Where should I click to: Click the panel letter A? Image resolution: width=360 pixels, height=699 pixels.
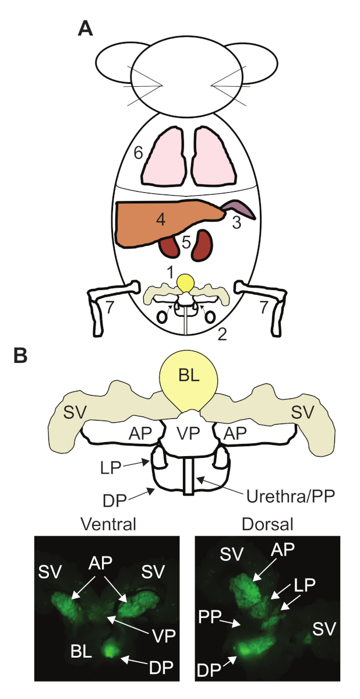click(x=86, y=29)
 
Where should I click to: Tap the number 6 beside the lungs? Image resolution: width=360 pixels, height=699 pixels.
click(x=138, y=153)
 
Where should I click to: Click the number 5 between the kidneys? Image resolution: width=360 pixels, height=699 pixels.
click(x=186, y=242)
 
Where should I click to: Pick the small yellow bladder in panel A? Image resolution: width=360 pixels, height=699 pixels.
click(x=186, y=284)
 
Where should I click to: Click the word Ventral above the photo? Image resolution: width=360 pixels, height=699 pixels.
click(x=110, y=523)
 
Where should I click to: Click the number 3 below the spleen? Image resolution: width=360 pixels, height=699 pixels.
click(x=236, y=223)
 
